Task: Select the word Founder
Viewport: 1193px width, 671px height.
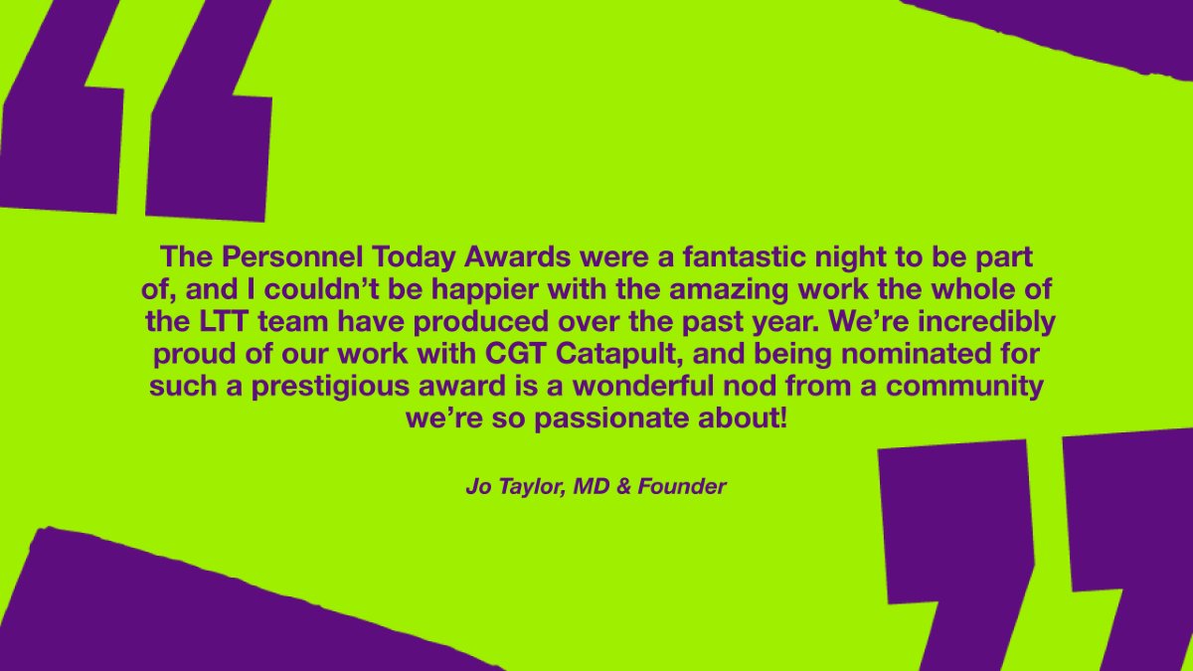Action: [682, 487]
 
